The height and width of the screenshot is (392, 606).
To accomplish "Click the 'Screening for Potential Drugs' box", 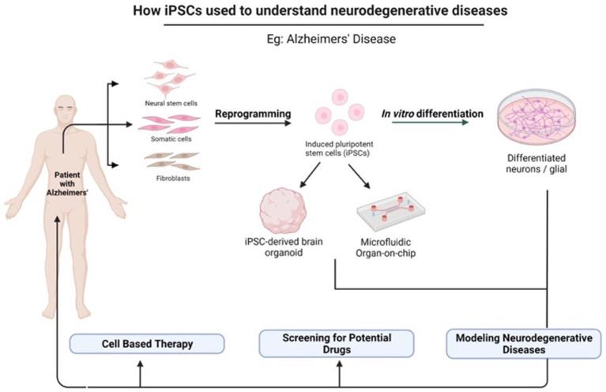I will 337,344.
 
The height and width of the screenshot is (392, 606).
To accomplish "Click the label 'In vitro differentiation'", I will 434,114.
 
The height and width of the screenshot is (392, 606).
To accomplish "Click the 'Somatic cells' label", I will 169,139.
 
